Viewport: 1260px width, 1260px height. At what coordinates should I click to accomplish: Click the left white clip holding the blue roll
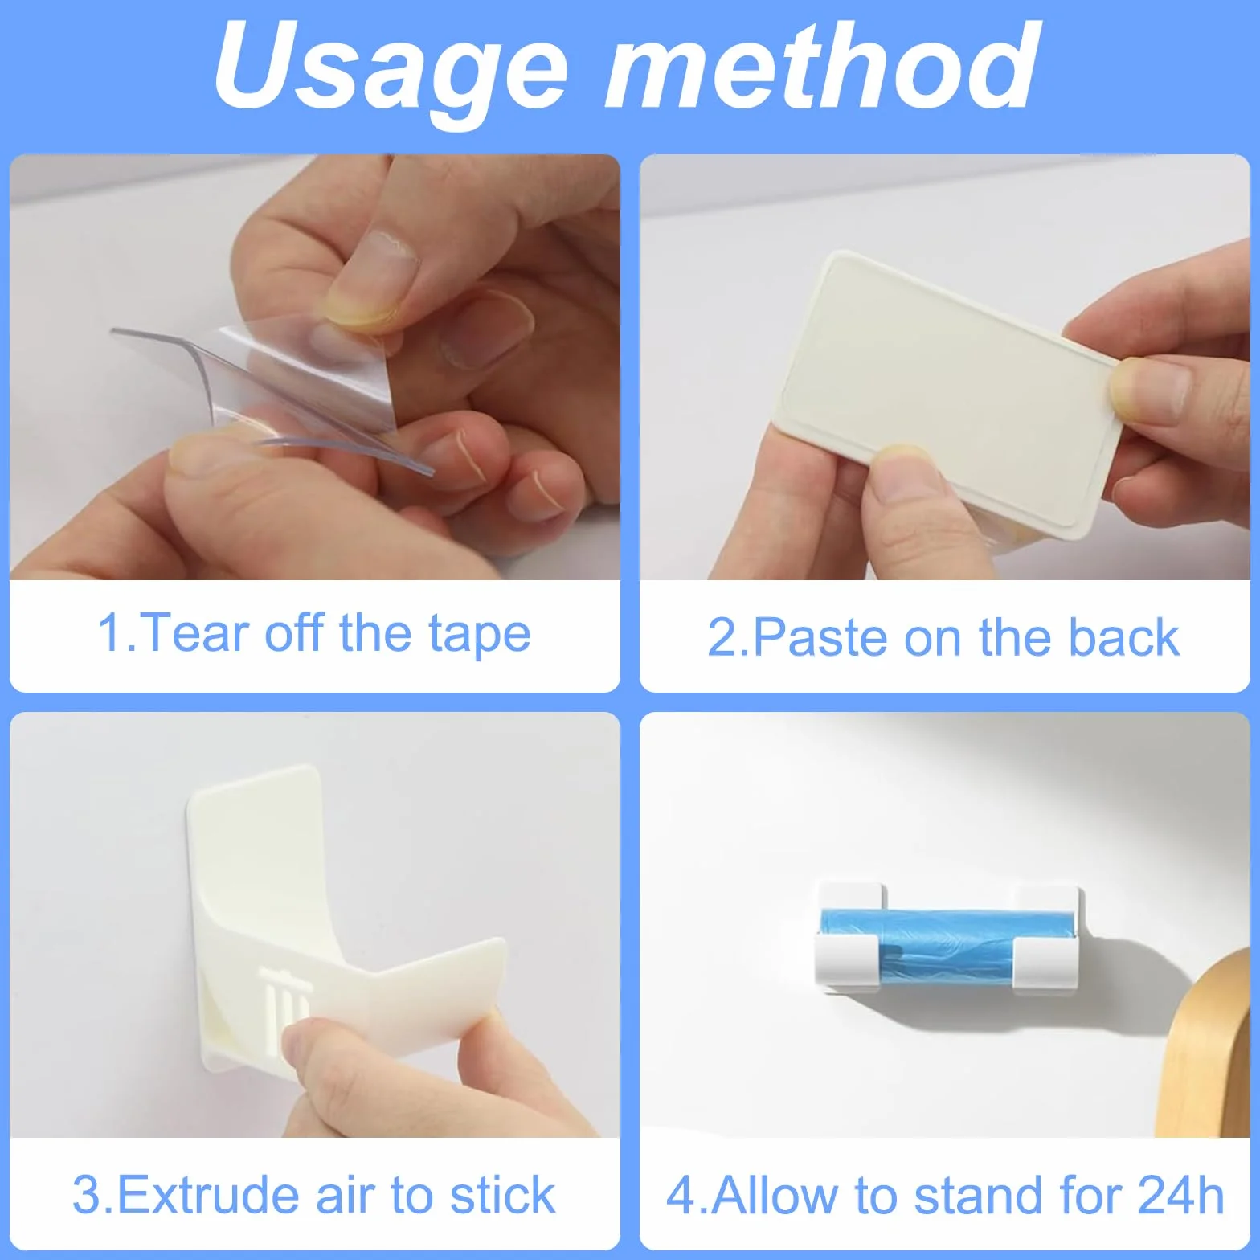[x=850, y=940]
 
